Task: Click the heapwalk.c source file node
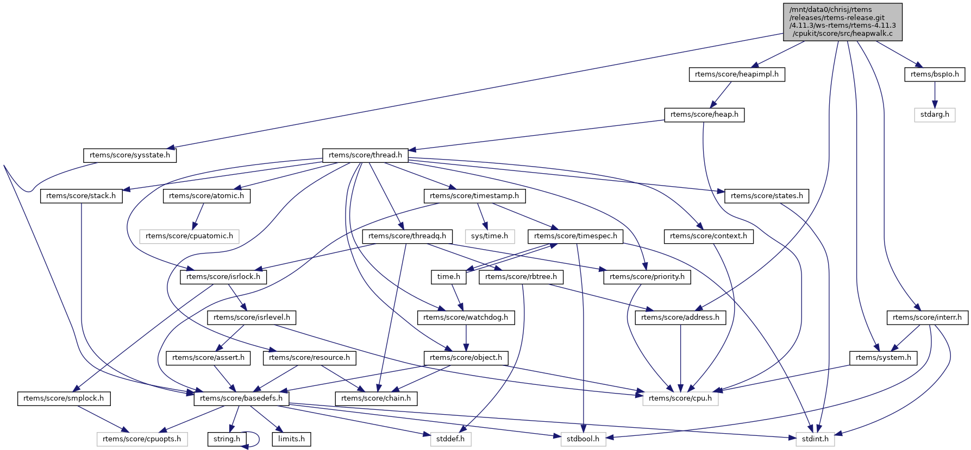tap(842, 22)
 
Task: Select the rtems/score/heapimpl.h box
tap(737, 74)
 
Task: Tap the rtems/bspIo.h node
tap(935, 74)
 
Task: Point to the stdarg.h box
tap(935, 115)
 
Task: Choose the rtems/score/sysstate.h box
tap(130, 155)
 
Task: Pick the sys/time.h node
tap(490, 236)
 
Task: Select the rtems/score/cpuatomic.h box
tap(189, 236)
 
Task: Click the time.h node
tap(449, 277)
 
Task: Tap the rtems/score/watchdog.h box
tap(466, 318)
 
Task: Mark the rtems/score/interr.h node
tap(927, 318)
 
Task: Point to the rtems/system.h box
tap(883, 358)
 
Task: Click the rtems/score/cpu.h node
tap(680, 398)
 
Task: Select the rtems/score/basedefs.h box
tap(241, 398)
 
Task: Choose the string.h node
tap(227, 439)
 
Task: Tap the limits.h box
tap(291, 439)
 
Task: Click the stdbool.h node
tap(583, 439)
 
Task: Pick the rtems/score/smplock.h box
tap(64, 398)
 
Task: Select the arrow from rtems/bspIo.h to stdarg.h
tap(935, 94)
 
